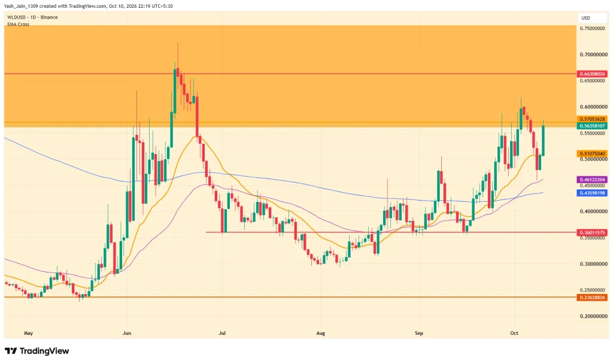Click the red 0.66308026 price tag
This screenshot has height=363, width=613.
(592, 74)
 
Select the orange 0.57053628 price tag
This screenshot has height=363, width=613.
(592, 119)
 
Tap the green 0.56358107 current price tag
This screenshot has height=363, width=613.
(592, 126)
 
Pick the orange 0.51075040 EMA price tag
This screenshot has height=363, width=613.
(592, 154)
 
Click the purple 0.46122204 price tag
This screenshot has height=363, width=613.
(592, 180)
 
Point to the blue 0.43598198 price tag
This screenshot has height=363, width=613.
(592, 193)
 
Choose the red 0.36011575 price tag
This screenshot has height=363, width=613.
(592, 233)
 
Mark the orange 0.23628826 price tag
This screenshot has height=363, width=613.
(592, 297)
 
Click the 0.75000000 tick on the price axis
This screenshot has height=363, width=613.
(593, 29)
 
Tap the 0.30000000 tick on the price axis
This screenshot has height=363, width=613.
(593, 264)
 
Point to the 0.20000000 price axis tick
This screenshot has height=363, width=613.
(593, 316)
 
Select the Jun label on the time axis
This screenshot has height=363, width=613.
(127, 333)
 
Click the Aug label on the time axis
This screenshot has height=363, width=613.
(321, 333)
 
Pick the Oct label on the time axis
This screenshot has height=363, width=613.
(514, 333)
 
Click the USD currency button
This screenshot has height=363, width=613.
(585, 18)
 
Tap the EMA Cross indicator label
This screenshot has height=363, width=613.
(18, 24)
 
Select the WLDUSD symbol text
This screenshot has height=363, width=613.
(16, 17)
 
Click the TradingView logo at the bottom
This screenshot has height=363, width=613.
(37, 351)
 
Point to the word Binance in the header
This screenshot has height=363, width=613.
(49, 17)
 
